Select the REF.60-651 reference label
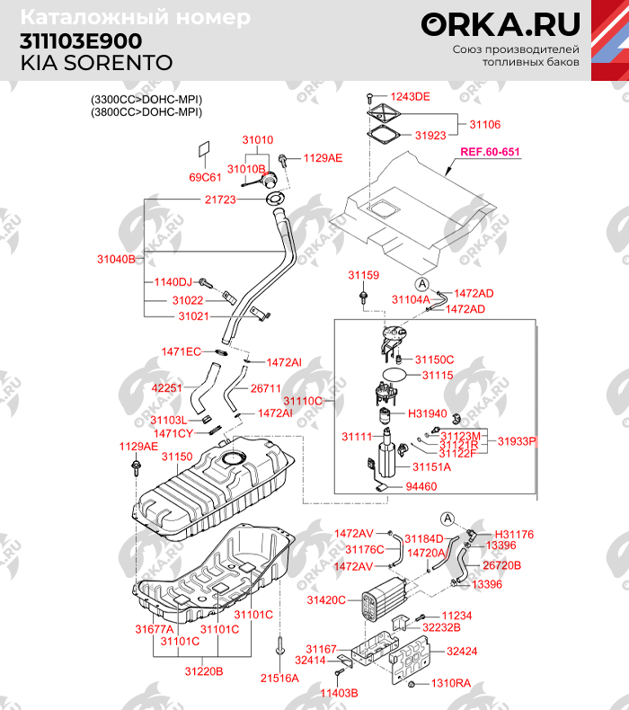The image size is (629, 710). tap(490, 152)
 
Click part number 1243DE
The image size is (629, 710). tap(410, 96)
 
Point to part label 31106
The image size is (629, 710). tap(485, 125)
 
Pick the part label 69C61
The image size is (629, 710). tap(205, 177)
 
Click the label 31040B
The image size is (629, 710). tap(115, 259)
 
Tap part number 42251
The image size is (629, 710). tap(167, 388)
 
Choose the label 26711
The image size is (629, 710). tap(266, 388)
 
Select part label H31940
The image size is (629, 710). tap(428, 413)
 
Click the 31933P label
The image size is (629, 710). tap(517, 441)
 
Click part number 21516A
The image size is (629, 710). tap(279, 678)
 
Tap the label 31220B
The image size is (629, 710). tap(204, 670)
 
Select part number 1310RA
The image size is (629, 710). tap(451, 684)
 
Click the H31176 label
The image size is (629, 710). tap(514, 534)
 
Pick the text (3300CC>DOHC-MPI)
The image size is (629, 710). tap(146, 99)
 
